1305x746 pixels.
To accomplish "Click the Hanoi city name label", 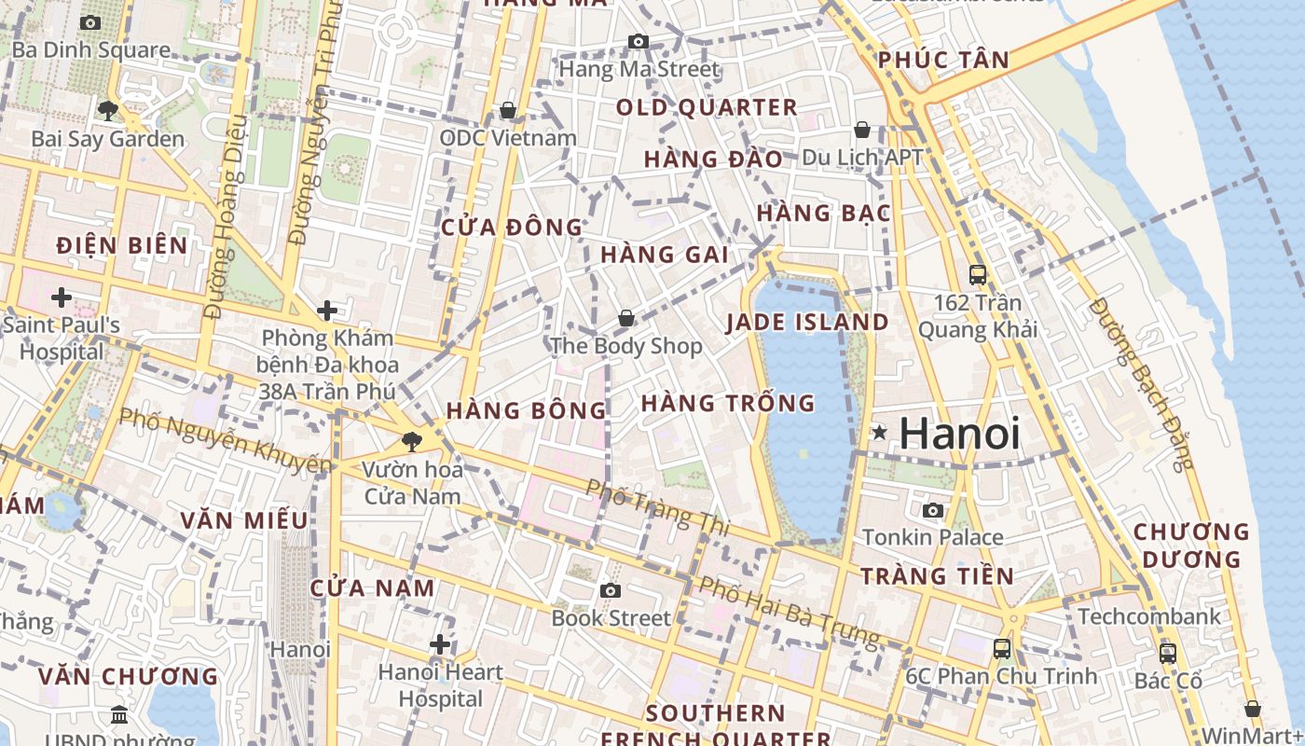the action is click(960, 434).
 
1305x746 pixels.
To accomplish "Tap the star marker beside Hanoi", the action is click(878, 433).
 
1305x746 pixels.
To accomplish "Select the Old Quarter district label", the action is click(707, 107).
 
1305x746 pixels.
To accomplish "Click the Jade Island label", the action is click(807, 323).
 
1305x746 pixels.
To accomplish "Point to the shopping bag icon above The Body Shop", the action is click(626, 319).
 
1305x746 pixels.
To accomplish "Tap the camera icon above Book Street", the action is click(611, 590).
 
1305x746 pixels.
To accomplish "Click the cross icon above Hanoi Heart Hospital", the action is click(440, 644).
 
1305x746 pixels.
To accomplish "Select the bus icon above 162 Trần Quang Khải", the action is click(977, 275).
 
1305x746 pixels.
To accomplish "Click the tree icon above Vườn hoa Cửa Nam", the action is click(411, 441).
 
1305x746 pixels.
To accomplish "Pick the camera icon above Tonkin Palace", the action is click(932, 510).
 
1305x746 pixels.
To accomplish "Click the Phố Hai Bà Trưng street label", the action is click(789, 612).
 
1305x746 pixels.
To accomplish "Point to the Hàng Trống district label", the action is click(728, 404).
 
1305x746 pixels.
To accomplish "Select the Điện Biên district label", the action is click(122, 245).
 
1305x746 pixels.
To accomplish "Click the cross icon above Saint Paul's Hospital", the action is click(62, 298).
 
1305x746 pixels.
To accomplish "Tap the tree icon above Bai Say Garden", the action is click(108, 111).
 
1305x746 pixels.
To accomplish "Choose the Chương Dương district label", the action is click(1191, 546).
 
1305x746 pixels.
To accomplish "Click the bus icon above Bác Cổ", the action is click(1168, 653).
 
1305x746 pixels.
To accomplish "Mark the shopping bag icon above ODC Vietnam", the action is click(508, 111).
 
